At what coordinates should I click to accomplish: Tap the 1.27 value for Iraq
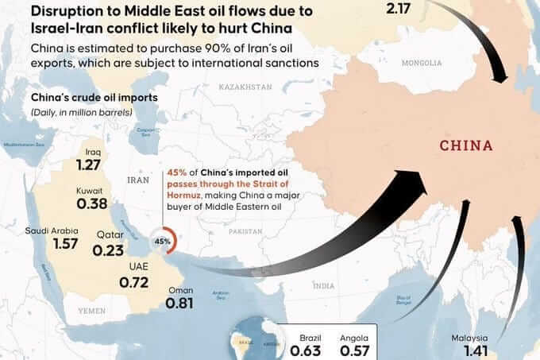click(90, 165)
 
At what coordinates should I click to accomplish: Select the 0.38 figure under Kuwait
click(92, 203)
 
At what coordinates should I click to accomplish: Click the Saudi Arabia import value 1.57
click(65, 244)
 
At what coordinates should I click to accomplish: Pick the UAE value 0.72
click(133, 281)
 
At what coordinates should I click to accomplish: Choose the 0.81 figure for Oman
click(180, 303)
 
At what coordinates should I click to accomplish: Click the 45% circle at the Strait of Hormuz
click(163, 241)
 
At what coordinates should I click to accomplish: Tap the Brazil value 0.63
click(306, 350)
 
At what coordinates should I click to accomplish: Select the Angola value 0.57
click(356, 350)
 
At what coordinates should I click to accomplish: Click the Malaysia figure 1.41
click(469, 349)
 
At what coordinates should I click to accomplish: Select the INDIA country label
click(324, 285)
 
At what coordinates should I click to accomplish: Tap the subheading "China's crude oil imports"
click(83, 98)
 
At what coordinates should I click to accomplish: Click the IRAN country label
click(138, 180)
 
